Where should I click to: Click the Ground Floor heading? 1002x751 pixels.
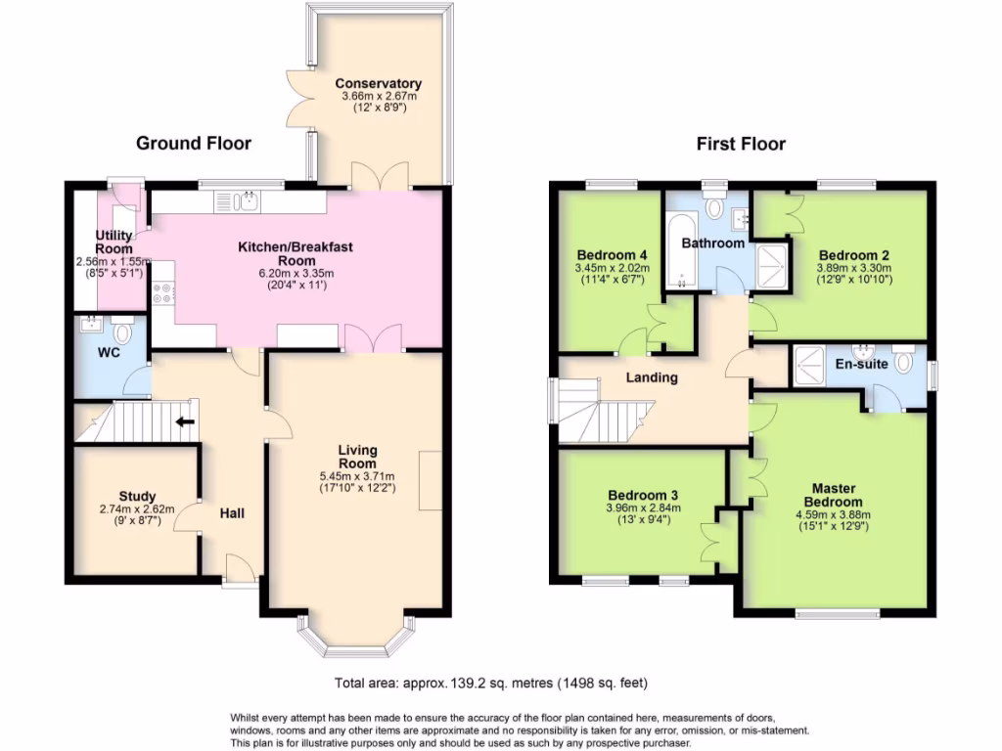coord(193,144)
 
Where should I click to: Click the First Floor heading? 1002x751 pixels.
coord(741,145)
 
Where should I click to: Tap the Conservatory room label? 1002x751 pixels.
coord(378,84)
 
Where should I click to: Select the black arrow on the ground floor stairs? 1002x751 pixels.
coord(184,423)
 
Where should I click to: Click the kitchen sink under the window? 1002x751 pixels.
coord(245,202)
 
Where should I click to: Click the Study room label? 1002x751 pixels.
coord(138,497)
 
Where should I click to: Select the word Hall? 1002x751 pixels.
coord(232,513)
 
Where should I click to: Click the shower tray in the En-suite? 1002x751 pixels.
coord(809,364)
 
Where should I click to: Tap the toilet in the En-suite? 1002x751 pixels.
coord(906,362)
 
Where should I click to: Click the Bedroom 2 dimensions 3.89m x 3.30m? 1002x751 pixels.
coord(853,267)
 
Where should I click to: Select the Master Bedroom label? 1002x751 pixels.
coord(834,495)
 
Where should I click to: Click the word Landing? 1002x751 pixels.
coord(652,377)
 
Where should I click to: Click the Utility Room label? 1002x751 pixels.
coord(114,242)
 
